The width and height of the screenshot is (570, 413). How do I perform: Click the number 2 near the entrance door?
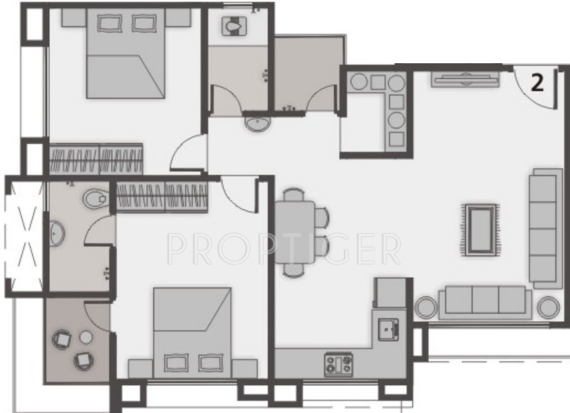pos(538,83)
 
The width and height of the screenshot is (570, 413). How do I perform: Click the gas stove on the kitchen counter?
pos(339,362)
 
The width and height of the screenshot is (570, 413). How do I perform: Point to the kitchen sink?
pos(386,327)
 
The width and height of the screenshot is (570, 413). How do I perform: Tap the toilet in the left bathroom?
pos(94,198)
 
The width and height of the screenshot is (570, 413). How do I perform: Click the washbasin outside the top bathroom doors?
pos(256,123)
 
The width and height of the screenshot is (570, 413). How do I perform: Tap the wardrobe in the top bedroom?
pos(95,159)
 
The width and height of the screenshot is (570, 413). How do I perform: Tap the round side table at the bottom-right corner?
pos(547,307)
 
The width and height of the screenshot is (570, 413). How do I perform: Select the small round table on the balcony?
pos(85,337)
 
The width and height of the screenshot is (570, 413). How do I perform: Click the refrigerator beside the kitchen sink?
pos(389,292)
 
